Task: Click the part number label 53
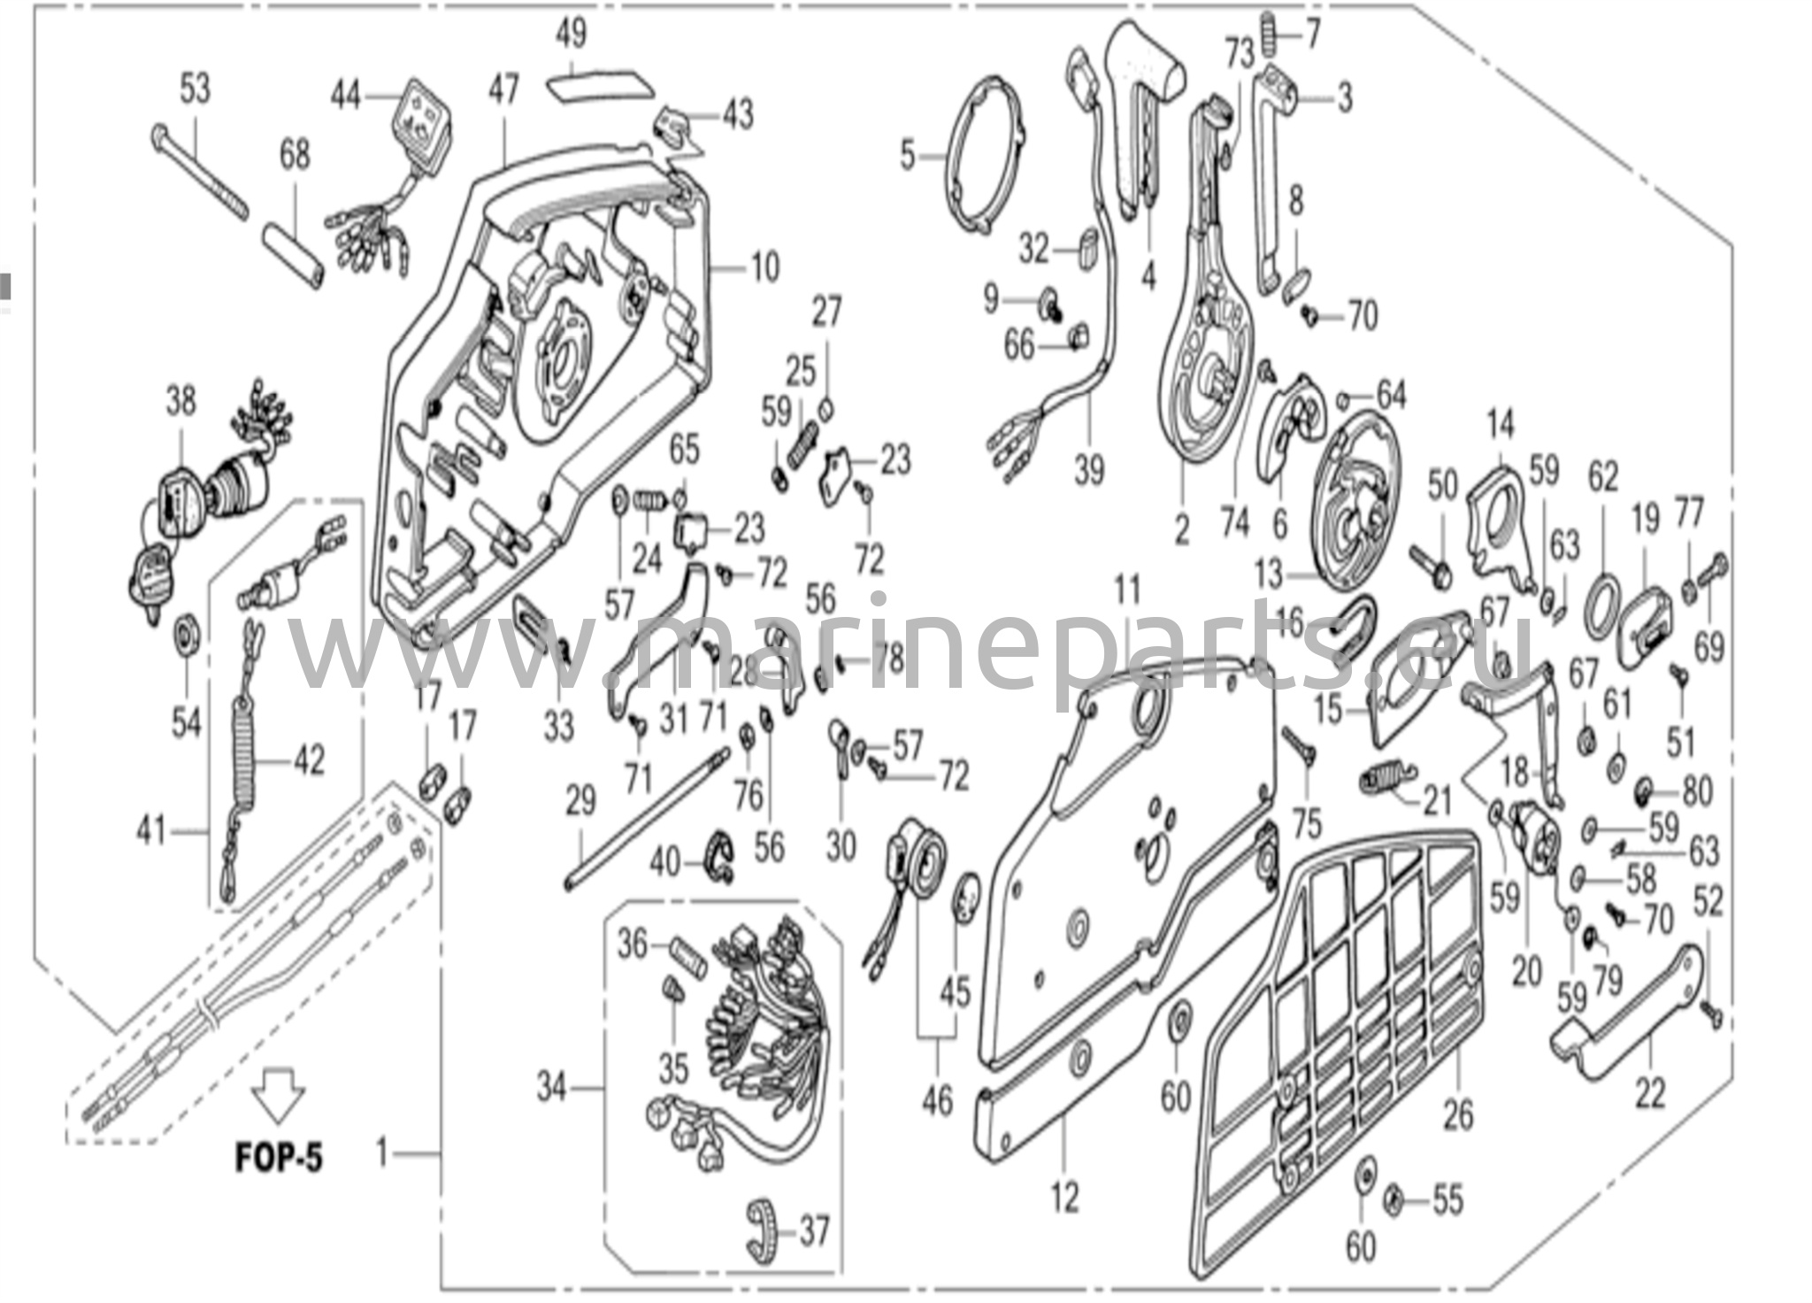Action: coord(196,89)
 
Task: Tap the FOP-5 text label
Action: coord(279,1157)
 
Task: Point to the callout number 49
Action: coord(572,35)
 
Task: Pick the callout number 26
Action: coord(1458,1114)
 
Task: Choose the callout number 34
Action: coord(551,1086)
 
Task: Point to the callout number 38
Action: coord(180,402)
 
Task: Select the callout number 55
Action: coord(1447,1200)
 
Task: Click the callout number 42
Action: coord(309,760)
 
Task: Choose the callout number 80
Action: coord(1696,790)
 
